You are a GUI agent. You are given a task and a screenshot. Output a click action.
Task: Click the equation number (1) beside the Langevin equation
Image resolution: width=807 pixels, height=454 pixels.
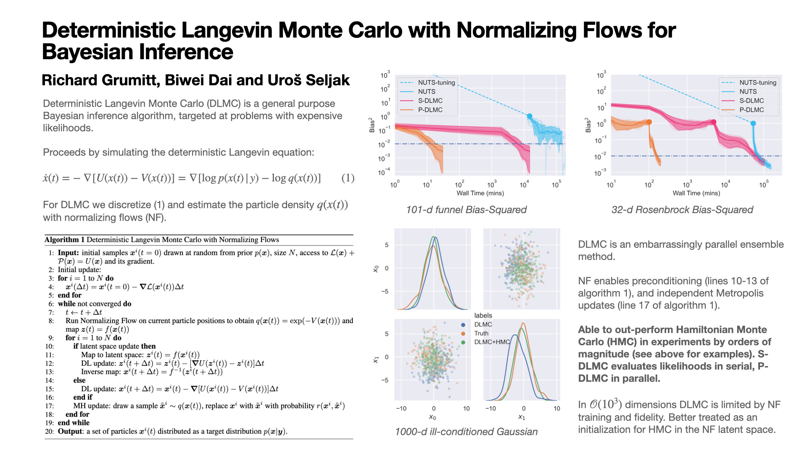pyautogui.click(x=348, y=178)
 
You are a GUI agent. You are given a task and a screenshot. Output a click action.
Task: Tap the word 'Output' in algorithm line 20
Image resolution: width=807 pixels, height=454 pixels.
pyautogui.click(x=70, y=431)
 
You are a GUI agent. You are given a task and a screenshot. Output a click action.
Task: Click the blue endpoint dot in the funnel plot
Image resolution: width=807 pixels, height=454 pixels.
pyautogui.click(x=530, y=116)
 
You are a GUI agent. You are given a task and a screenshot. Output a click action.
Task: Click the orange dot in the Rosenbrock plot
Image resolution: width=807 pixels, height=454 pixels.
pyautogui.click(x=649, y=122)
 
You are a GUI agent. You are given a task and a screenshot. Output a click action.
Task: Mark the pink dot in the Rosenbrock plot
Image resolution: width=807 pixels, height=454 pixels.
pyautogui.click(x=713, y=122)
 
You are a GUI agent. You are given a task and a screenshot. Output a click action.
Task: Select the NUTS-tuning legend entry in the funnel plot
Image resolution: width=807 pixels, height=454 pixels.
pyautogui.click(x=436, y=82)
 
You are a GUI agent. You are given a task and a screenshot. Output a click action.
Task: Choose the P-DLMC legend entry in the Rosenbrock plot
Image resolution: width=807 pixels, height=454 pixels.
pyautogui.click(x=752, y=110)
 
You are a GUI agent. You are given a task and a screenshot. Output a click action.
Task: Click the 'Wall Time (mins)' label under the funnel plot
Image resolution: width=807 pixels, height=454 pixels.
pyautogui.click(x=480, y=193)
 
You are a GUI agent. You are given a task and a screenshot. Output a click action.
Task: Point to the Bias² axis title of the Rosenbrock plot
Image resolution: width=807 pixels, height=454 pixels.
pyautogui.click(x=588, y=125)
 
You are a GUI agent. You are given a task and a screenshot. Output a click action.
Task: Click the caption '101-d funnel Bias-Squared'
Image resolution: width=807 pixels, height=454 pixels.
pyautogui.click(x=466, y=210)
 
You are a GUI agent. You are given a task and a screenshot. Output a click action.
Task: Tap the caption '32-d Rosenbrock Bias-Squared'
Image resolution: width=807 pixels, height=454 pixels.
pyautogui.click(x=682, y=210)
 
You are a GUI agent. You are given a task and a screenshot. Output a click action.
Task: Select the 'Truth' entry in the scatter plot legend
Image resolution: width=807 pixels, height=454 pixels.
pyautogui.click(x=481, y=333)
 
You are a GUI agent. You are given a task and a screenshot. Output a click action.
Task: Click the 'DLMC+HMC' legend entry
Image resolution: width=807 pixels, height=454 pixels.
pyautogui.click(x=492, y=342)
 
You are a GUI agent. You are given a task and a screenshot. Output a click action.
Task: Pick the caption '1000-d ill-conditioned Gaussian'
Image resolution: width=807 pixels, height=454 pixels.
pyautogui.click(x=466, y=432)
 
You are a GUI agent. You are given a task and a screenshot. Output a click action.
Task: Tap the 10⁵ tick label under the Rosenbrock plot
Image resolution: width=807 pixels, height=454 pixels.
pyautogui.click(x=764, y=185)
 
